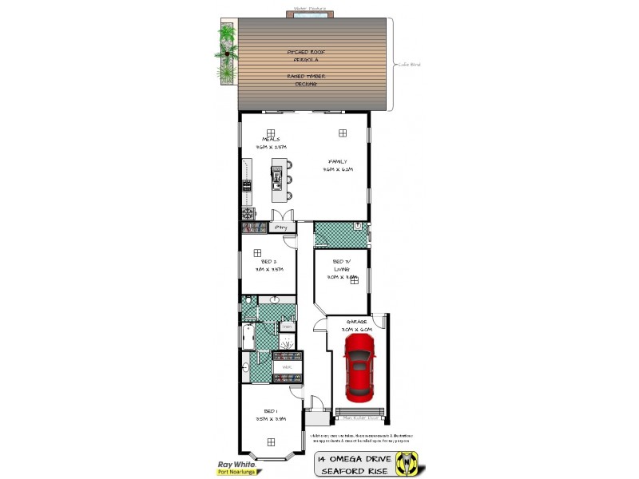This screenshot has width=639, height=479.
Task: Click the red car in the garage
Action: (360, 368)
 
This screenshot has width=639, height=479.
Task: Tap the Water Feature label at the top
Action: (311, 9)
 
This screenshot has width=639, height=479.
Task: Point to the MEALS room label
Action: (270, 139)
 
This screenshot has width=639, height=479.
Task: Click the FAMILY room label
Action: (338, 161)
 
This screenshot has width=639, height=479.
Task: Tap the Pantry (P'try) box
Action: (280, 228)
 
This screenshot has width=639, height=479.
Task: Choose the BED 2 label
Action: (269, 261)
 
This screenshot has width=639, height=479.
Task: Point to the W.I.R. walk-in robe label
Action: (288, 368)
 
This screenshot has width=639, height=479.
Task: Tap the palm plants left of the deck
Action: (227, 52)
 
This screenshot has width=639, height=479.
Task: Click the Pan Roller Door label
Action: (360, 416)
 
